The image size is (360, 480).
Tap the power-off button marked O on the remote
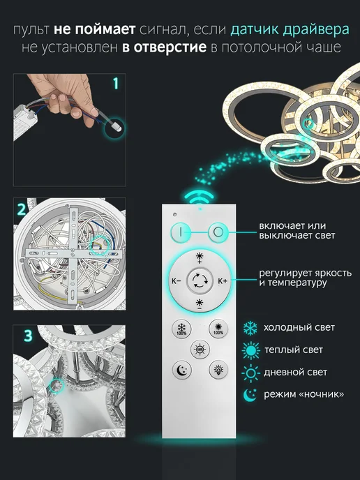pos(218,232)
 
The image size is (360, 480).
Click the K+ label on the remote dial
pos(223,280)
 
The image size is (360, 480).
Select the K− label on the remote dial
pos(176,280)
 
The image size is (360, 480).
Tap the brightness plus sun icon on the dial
pos(200,257)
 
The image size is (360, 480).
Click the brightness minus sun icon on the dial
pos(200,304)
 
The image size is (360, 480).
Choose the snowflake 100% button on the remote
pos(181,329)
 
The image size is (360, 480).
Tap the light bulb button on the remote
pos(218,370)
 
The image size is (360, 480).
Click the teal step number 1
pos(116,83)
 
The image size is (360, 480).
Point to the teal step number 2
pos(22,210)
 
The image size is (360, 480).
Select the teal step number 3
pos(28,336)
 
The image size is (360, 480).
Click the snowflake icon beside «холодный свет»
pos(250,328)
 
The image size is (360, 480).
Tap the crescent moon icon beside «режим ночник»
pos(250,395)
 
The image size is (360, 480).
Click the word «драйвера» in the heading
pos(316,30)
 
